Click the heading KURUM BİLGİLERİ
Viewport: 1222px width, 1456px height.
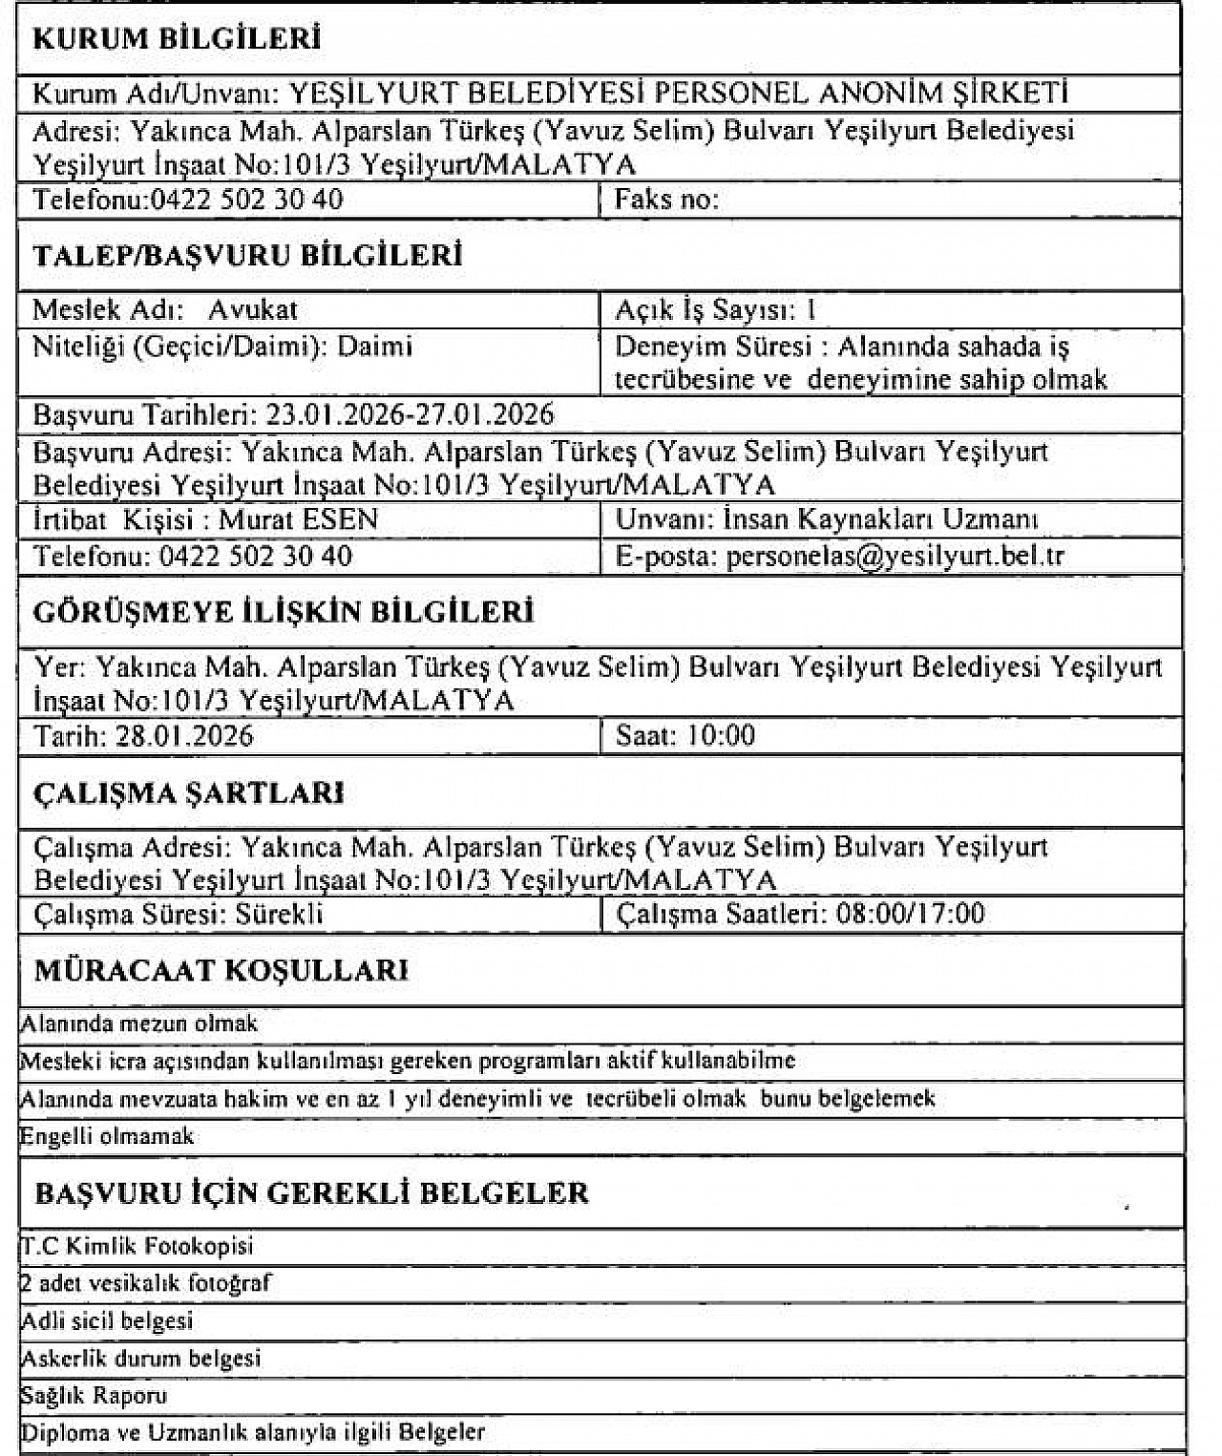coord(177,39)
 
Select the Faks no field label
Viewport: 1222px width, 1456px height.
coord(666,200)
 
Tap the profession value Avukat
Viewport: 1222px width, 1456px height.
coord(253,309)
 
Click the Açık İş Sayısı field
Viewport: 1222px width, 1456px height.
coord(715,309)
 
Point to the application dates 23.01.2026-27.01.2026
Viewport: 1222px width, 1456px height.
coord(410,414)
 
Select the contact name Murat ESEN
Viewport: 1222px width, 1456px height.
coord(299,519)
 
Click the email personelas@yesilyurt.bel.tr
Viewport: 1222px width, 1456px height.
coord(895,556)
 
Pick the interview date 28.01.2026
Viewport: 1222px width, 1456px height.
coord(184,735)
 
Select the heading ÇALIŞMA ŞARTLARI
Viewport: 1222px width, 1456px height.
coord(189,793)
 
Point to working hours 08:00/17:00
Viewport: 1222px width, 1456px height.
coord(910,914)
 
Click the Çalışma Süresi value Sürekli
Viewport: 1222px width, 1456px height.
coord(280,914)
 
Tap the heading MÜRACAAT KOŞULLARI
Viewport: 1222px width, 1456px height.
coord(221,970)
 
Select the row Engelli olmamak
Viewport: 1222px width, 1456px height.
coord(107,1136)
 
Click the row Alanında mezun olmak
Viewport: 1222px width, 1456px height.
coord(139,1023)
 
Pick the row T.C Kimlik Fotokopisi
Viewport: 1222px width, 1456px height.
coord(137,1246)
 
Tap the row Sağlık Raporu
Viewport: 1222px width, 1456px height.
coord(95,1396)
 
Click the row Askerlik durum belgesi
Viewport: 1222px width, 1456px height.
coord(141,1358)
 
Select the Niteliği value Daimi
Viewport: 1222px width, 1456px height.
coord(374,346)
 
